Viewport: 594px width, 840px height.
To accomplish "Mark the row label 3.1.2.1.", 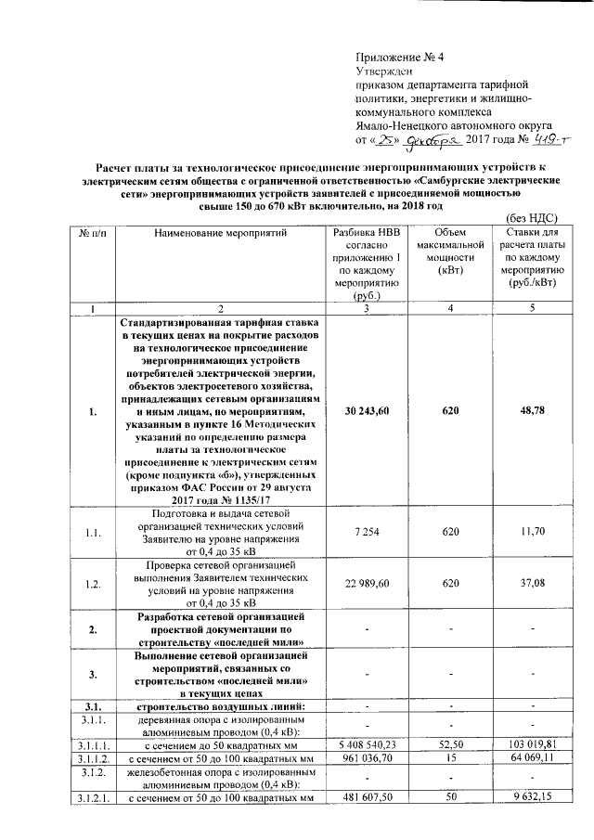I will (94, 797).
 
